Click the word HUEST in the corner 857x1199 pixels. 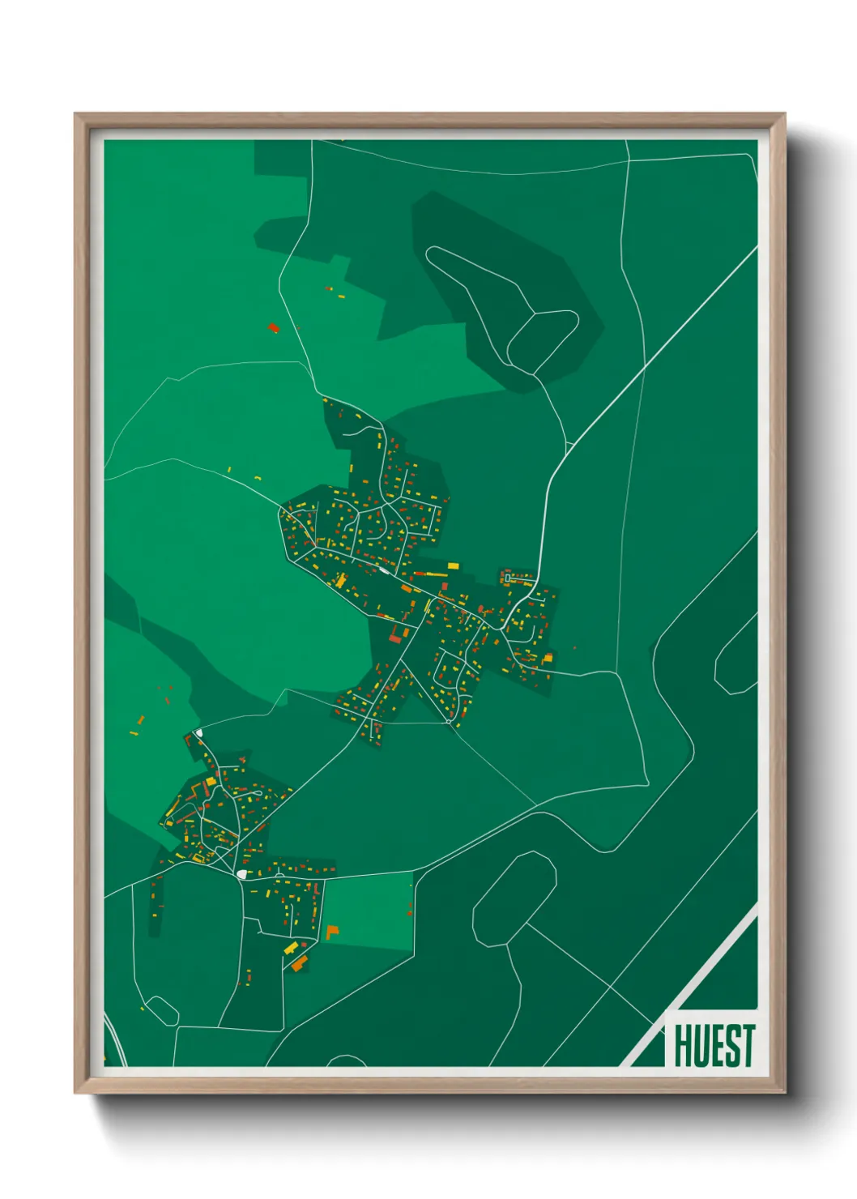point(714,1045)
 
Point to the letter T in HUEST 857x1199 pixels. point(747,1045)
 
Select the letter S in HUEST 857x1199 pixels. point(731,1045)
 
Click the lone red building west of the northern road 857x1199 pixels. point(273,327)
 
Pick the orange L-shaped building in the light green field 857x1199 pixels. point(330,932)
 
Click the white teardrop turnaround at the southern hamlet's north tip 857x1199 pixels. point(198,734)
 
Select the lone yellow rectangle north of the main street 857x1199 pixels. point(453,565)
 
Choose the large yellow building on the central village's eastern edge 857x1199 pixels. point(548,657)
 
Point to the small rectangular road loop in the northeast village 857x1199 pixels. point(510,578)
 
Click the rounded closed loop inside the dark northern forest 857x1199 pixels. point(543,340)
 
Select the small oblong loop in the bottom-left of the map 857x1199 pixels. point(161,1009)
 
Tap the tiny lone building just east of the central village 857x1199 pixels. point(574,648)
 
